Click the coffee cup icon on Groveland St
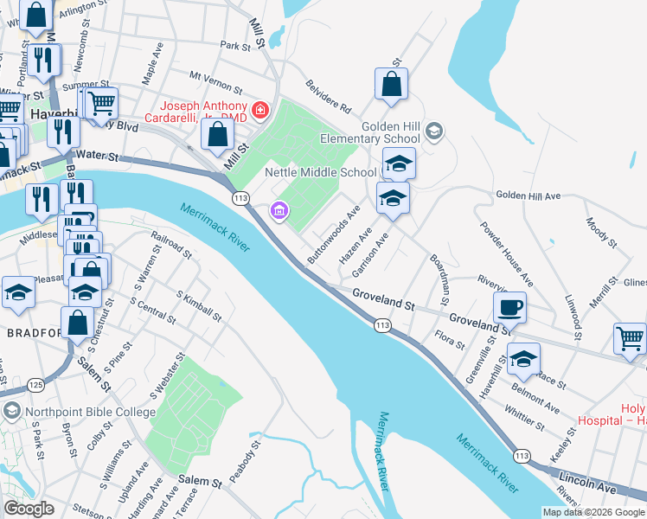point(510,307)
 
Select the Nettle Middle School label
point(320,172)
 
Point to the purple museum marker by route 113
point(279,210)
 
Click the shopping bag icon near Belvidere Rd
point(391,85)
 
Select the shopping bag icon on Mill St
point(217,134)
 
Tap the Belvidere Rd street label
point(329,97)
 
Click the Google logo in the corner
point(29,509)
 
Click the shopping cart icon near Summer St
point(102,104)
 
